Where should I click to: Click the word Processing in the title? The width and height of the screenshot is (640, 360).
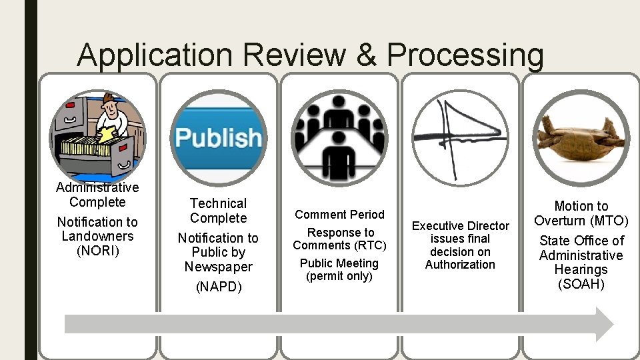465,55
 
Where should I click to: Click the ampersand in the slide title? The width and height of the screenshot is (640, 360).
366,55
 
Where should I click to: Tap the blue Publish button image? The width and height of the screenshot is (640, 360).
218,138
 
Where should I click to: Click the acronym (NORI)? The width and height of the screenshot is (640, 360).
97,251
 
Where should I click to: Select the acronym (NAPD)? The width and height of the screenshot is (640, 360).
218,287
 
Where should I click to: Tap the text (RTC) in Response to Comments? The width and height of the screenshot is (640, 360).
370,245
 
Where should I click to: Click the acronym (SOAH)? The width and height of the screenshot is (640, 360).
581,285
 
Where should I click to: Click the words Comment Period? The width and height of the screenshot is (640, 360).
339,214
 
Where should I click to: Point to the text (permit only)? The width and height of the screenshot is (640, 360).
339,276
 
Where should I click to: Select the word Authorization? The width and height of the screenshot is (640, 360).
460,265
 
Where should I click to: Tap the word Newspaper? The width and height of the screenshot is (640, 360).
218,267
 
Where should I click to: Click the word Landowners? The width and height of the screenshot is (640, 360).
97,236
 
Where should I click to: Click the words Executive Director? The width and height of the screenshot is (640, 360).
460,226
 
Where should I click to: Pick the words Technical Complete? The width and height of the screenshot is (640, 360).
218,211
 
